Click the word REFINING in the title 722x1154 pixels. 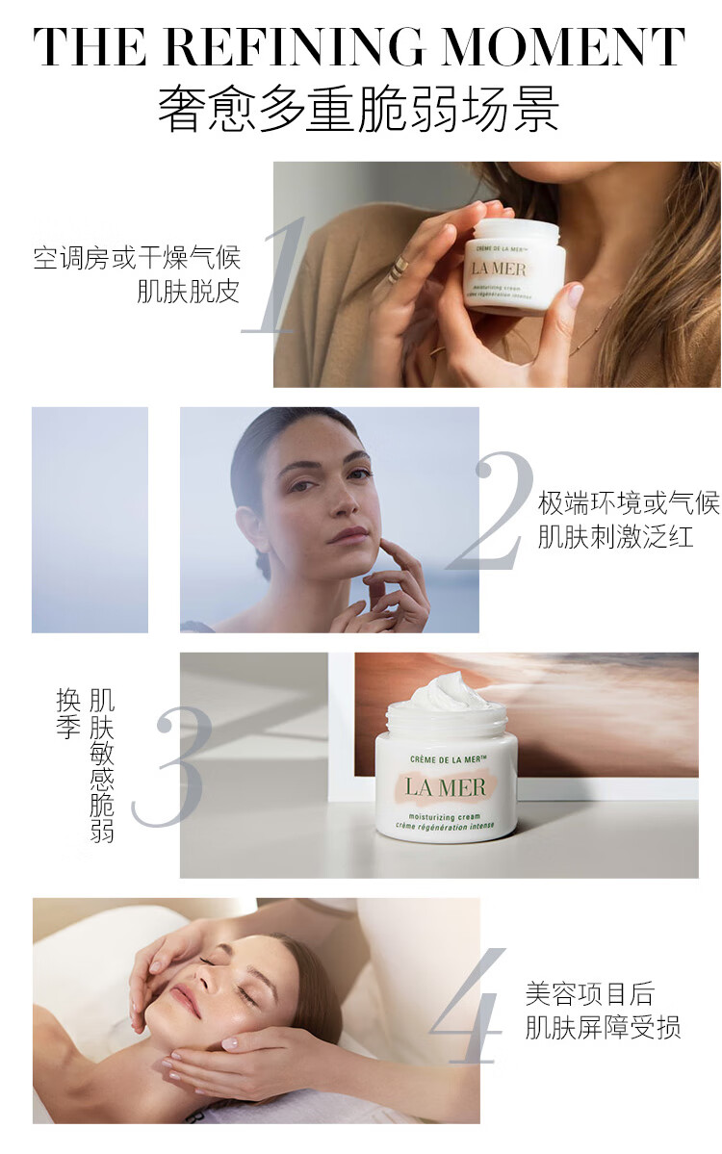pos(294,46)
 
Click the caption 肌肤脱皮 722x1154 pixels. pos(189,293)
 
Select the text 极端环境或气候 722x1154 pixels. pos(629,503)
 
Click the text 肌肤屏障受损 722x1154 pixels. pos(603,1027)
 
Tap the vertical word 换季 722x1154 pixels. pos(68,712)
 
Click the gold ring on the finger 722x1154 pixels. pos(399,267)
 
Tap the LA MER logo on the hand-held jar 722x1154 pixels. pos(499,268)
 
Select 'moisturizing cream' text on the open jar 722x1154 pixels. pos(445,816)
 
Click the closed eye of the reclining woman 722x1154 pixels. pos(247,996)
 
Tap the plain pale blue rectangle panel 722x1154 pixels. pos(90,520)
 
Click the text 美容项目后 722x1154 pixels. pos(589,993)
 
